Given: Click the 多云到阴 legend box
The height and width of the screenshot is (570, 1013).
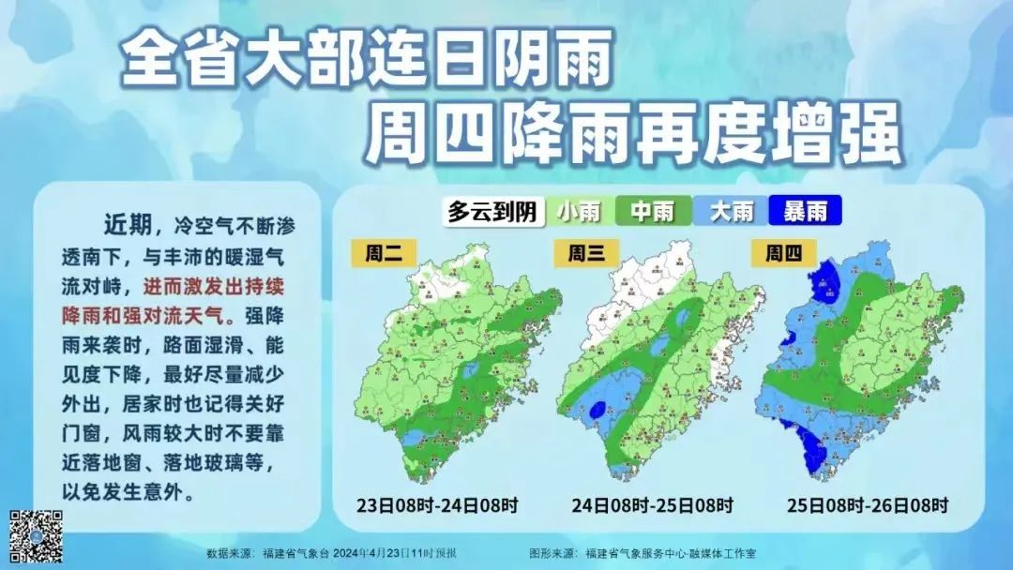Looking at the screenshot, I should point(492,212).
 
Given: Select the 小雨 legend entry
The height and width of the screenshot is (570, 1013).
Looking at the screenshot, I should point(579,212).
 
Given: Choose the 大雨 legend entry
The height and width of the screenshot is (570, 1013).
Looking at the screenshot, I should point(731,212).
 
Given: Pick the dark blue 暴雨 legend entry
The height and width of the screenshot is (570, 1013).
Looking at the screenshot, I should point(805,212).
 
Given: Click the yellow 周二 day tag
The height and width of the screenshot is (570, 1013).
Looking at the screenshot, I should point(383,253).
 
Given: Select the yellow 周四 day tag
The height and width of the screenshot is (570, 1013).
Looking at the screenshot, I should point(784,253).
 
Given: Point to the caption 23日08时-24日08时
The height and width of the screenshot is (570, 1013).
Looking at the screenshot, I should point(437,505).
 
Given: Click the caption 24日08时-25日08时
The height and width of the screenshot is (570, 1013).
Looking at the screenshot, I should point(653,505).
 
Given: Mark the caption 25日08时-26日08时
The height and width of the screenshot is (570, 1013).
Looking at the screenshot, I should point(867,505).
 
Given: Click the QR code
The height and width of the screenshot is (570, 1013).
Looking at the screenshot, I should point(36,536).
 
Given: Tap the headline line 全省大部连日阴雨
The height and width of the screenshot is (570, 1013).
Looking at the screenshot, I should point(368,58).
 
